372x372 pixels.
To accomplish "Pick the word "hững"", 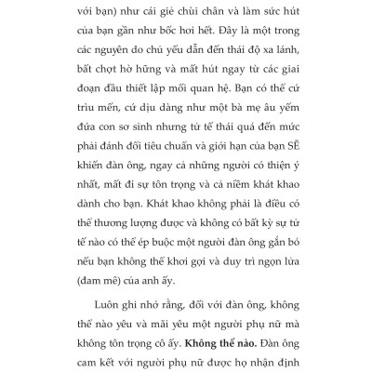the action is tap(178, 81).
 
